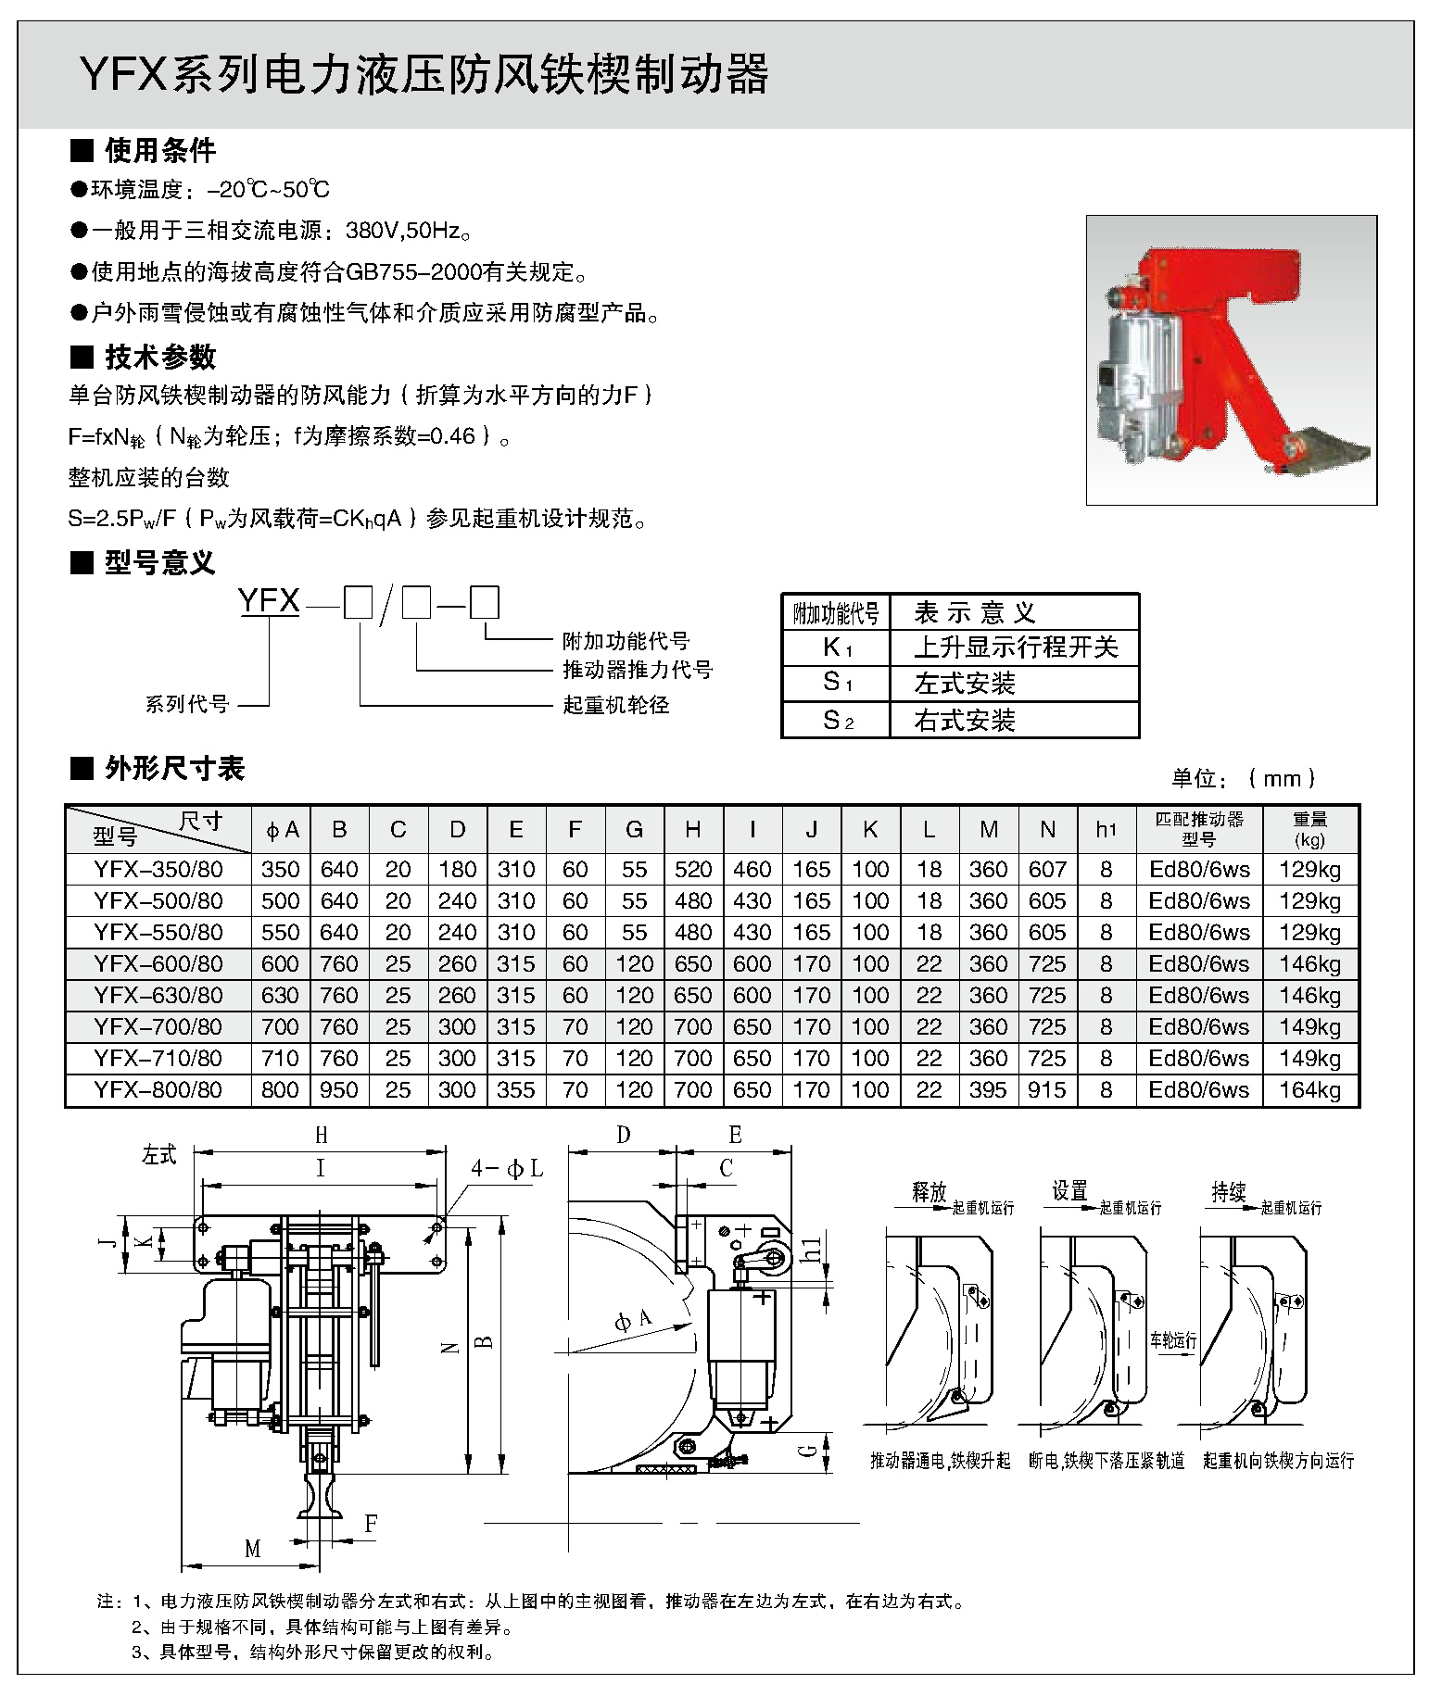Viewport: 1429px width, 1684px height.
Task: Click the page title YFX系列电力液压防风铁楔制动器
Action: pos(424,76)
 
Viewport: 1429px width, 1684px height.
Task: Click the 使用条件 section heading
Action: pos(159,150)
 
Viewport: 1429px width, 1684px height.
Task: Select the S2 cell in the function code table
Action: pos(837,720)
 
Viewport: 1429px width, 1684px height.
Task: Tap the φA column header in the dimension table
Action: pos(282,830)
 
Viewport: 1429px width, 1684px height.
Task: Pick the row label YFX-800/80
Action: pos(158,1089)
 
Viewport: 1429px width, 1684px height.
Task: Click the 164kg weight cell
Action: pos(1309,1089)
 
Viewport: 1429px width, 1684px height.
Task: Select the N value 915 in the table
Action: pos(1047,1089)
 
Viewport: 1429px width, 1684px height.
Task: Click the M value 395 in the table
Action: pos(988,1089)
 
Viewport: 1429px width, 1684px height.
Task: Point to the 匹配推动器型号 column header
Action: pos(1199,829)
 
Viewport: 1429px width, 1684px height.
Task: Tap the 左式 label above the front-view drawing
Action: pos(159,1156)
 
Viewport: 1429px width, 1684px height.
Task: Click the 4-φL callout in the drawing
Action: pos(506,1170)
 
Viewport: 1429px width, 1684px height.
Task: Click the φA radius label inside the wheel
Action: pos(633,1320)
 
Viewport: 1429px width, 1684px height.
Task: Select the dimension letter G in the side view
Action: pos(808,1447)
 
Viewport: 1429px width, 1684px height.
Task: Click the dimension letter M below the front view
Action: pos(252,1548)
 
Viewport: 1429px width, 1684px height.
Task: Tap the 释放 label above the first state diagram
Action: pos(929,1192)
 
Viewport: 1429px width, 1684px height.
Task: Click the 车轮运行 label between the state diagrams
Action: pos(1173,1339)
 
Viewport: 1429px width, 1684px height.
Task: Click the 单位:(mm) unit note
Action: pos(1243,779)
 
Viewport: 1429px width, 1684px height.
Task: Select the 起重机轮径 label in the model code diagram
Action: pos(615,705)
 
